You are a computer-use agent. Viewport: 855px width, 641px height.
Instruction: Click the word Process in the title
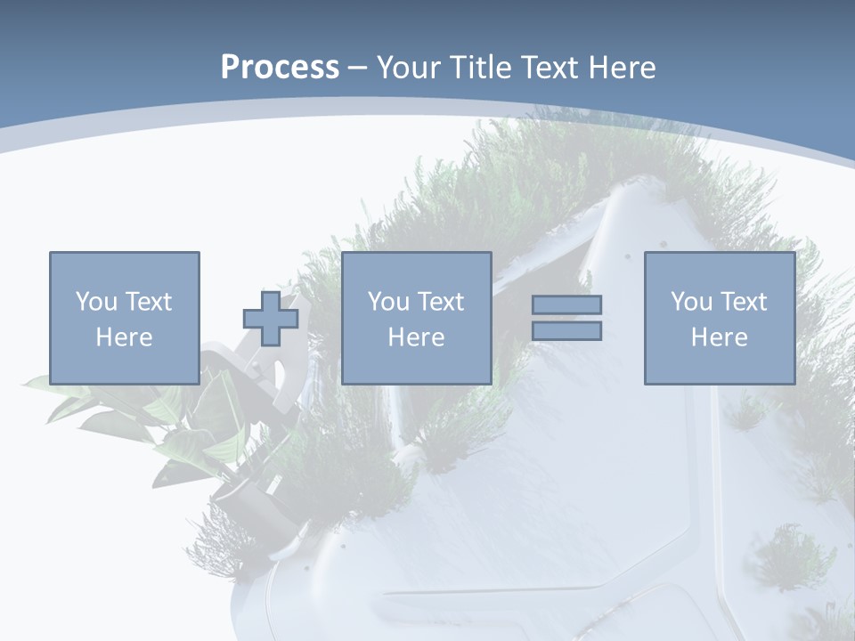(280, 68)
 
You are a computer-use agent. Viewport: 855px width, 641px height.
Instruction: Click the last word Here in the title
(621, 68)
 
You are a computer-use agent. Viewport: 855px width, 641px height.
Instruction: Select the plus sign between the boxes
(271, 319)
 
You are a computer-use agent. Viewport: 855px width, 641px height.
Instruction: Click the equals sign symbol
(566, 318)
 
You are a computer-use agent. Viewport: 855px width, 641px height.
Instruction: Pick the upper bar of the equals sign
(566, 305)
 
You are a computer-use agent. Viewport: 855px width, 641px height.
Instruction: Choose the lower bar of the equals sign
(566, 330)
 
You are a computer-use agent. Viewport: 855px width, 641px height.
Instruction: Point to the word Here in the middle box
(416, 337)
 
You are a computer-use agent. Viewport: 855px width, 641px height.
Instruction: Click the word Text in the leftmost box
(148, 302)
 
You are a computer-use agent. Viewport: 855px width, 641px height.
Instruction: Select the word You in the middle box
(387, 302)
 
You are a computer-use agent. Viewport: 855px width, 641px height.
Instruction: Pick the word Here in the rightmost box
(720, 337)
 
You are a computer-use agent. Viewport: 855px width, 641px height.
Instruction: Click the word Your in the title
(408, 68)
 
